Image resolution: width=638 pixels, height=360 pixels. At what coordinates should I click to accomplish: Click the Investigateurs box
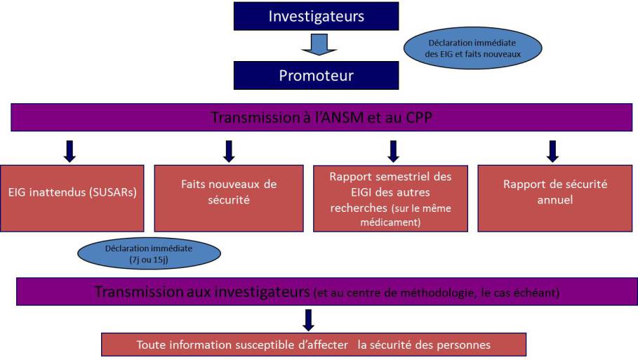click(x=316, y=16)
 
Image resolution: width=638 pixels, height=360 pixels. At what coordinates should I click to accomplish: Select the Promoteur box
click(x=316, y=75)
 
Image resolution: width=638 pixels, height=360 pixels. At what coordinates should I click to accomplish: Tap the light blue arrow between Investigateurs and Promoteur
click(x=319, y=45)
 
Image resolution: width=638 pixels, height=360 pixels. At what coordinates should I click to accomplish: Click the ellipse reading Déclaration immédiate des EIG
click(x=473, y=48)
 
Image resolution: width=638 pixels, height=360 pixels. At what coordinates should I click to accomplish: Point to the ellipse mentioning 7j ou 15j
click(x=149, y=253)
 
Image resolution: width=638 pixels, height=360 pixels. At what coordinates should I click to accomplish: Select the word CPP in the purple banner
click(x=419, y=118)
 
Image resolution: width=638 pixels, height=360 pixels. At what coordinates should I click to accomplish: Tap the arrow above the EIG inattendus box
click(x=69, y=152)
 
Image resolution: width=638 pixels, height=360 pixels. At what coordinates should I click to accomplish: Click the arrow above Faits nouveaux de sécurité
click(x=229, y=152)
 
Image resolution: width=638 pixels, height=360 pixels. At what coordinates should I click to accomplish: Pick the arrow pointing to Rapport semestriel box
click(x=393, y=152)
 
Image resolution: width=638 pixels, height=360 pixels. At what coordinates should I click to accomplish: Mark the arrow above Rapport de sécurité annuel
click(x=552, y=152)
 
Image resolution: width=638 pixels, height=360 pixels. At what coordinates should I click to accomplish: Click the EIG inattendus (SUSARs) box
click(x=72, y=198)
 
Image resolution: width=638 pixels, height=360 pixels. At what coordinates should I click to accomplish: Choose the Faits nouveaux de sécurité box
click(x=229, y=198)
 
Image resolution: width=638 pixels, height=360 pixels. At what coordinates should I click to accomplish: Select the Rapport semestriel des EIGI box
click(x=391, y=198)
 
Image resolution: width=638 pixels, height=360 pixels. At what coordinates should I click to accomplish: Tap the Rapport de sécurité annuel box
click(x=555, y=198)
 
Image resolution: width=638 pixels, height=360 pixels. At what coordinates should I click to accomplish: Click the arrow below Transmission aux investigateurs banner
click(x=308, y=320)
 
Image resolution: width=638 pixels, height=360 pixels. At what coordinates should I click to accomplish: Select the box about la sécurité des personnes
click(x=314, y=345)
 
